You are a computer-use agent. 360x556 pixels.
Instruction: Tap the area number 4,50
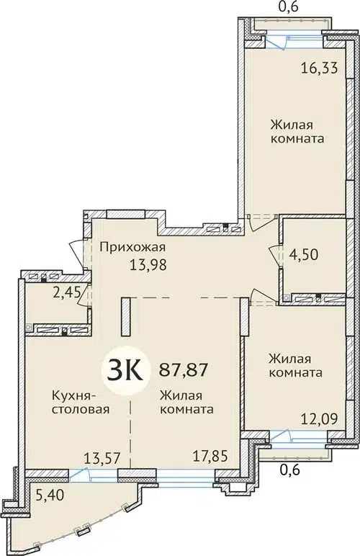pyautogui.click(x=302, y=254)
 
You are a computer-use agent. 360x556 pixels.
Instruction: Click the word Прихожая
pyautogui.click(x=126, y=245)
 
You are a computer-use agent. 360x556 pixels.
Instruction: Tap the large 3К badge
pyautogui.click(x=124, y=371)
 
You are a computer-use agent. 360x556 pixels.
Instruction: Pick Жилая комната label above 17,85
pyautogui.click(x=186, y=402)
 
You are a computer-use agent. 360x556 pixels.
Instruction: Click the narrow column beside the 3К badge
pyautogui.click(x=125, y=315)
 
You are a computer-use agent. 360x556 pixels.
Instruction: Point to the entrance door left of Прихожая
pyautogui.click(x=78, y=252)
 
